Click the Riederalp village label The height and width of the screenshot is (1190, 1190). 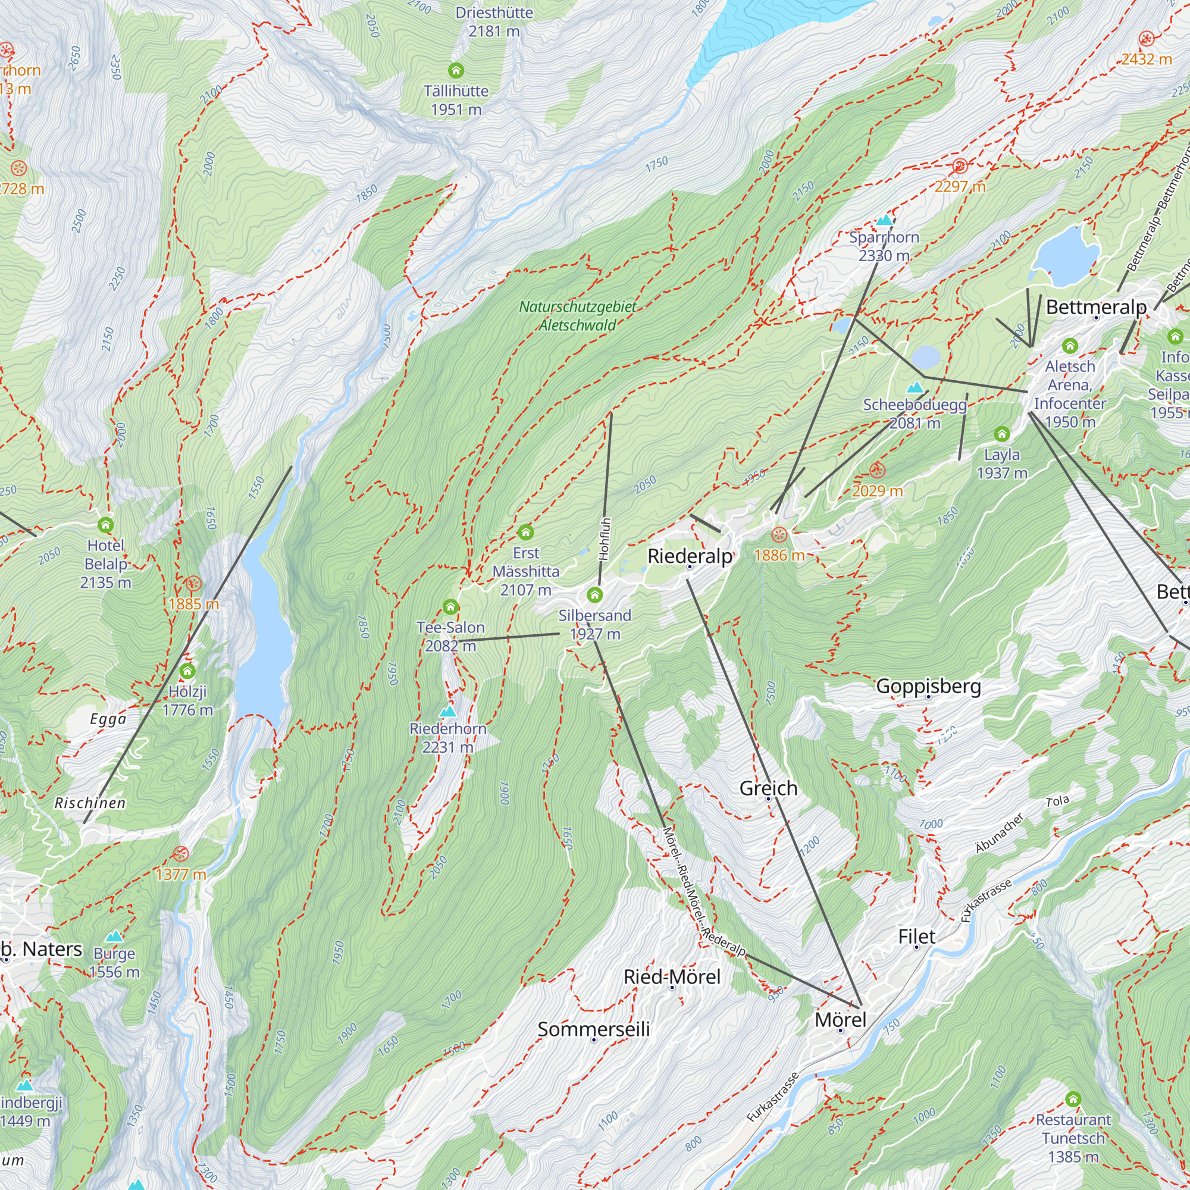click(x=690, y=556)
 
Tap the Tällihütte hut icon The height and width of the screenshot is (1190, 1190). click(x=456, y=70)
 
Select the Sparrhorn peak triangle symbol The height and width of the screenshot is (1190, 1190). click(x=885, y=220)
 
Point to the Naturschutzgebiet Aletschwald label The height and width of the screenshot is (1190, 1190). click(x=577, y=315)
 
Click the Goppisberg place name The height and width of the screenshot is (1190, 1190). click(x=928, y=685)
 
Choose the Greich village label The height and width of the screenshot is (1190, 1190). click(x=768, y=788)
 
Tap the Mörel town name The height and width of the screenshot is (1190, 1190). click(x=840, y=1019)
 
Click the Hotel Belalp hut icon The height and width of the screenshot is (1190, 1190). click(x=106, y=525)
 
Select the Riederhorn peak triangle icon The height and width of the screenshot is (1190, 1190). click(x=448, y=712)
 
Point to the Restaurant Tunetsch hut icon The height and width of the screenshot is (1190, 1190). click(x=1073, y=1100)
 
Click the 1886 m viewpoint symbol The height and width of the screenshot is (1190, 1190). click(x=779, y=535)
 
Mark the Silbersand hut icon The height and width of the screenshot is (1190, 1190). click(x=594, y=594)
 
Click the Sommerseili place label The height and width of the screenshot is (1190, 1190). click(x=593, y=1029)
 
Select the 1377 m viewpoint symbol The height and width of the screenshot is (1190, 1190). click(x=180, y=854)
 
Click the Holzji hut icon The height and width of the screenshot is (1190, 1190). click(x=187, y=671)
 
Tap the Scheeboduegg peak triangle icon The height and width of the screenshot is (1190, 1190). click(x=915, y=387)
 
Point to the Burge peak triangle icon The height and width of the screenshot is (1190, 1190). click(x=114, y=936)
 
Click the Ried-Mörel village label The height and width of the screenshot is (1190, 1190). click(x=671, y=976)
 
